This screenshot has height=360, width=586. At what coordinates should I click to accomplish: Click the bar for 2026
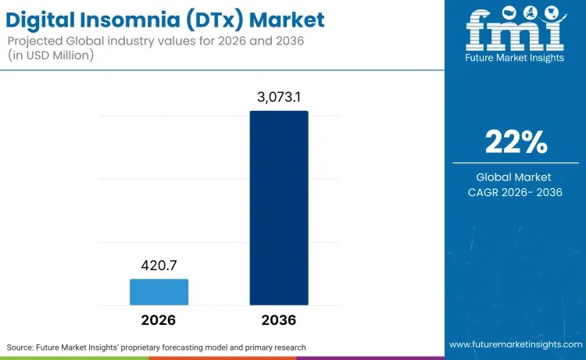159,291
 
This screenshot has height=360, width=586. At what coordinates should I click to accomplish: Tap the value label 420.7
159,266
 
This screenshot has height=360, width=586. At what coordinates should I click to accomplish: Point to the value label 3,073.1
279,98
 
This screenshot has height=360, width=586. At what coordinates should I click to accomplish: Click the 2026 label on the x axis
159,320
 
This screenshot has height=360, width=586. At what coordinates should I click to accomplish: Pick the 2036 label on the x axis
279,320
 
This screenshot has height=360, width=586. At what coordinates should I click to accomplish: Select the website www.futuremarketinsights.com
515,344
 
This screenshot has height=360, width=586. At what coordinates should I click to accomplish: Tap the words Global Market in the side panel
515,177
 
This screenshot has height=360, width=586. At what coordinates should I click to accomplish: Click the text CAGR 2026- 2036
515,193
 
